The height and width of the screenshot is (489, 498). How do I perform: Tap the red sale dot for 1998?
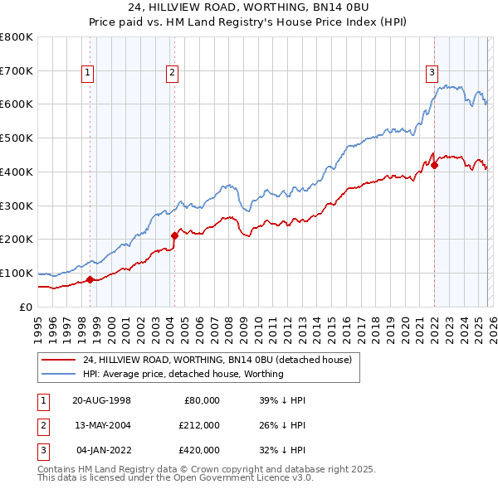pyautogui.click(x=90, y=279)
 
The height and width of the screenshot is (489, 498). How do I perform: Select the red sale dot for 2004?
pyautogui.click(x=174, y=235)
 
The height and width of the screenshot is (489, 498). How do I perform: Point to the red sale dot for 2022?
pyautogui.click(x=434, y=165)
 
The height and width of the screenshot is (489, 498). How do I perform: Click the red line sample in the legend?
pyautogui.click(x=58, y=361)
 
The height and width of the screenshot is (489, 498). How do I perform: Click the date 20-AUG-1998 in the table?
pyautogui.click(x=101, y=400)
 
